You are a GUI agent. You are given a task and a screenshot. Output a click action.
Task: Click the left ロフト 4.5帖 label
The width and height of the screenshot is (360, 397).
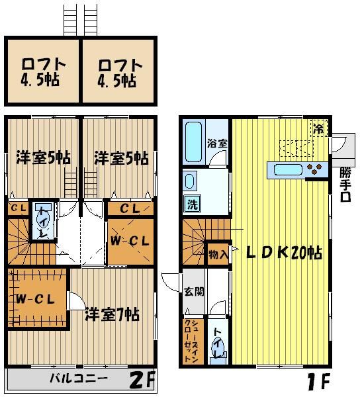[x=43, y=73]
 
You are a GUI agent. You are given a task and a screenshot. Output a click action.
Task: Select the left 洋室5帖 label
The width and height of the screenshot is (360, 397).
[x=43, y=158]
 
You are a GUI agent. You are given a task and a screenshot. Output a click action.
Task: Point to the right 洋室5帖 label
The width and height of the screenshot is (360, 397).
[x=120, y=158]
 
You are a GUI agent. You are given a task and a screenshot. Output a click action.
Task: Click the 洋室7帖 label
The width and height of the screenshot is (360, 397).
[x=112, y=314]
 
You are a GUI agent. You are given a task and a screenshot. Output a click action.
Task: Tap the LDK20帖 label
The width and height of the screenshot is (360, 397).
[x=285, y=253]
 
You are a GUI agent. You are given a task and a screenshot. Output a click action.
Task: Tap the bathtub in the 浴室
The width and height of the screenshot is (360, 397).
[x=195, y=139]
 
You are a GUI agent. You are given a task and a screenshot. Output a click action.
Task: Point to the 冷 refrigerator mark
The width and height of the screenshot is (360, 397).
[x=319, y=128]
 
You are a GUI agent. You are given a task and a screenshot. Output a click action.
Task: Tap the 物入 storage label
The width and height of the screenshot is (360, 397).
[x=218, y=254]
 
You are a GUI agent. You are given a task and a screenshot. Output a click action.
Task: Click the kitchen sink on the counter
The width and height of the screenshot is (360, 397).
[x=288, y=170]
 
